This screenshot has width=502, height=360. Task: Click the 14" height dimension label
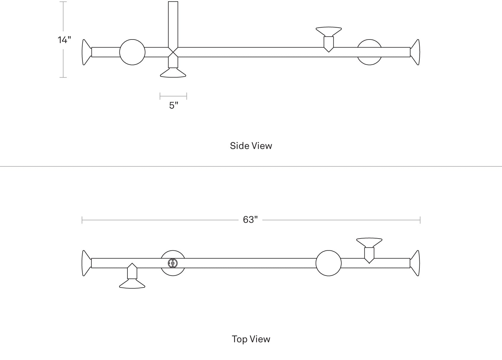(x=64, y=40)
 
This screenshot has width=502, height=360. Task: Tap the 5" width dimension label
(x=173, y=105)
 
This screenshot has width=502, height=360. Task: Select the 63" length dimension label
(x=250, y=220)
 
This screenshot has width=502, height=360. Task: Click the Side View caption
(x=251, y=146)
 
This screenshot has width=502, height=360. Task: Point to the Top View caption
(x=251, y=339)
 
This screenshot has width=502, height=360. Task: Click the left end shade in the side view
(x=86, y=52)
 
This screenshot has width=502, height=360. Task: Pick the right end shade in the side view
(x=415, y=52)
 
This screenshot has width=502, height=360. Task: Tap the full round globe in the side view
(x=132, y=52)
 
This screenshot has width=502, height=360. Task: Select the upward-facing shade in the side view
(x=329, y=31)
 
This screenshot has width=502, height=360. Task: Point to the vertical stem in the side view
(x=173, y=24)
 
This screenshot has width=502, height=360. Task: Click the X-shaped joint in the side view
(x=173, y=52)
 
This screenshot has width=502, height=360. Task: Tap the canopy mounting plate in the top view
(x=173, y=263)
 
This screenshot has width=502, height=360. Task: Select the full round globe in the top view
(x=329, y=263)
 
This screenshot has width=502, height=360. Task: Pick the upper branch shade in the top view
(x=369, y=243)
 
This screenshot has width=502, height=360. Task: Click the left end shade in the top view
(x=86, y=263)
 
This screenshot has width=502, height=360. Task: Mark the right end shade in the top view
(x=415, y=263)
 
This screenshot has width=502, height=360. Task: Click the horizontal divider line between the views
(x=251, y=167)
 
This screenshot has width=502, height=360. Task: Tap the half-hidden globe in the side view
(x=369, y=61)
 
